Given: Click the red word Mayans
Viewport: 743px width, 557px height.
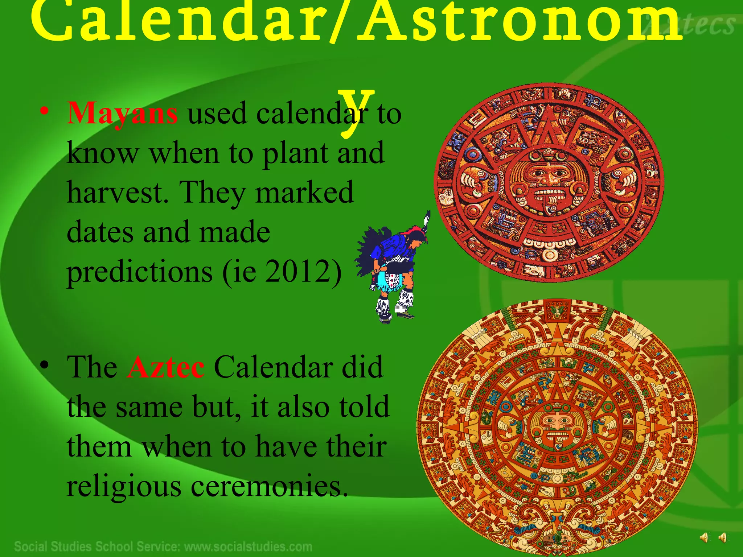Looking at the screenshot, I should [122, 114].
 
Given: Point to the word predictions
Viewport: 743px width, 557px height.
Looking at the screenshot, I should [140, 272].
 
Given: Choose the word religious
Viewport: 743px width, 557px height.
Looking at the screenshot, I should [124, 486].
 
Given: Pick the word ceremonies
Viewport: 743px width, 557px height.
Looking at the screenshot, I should [267, 486].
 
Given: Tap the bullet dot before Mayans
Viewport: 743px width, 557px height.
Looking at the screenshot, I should [44, 111].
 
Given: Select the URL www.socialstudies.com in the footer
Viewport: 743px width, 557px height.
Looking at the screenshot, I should [248, 546].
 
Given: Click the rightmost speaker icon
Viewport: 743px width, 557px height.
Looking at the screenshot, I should [722, 537].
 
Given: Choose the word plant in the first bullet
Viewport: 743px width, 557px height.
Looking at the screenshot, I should [295, 153].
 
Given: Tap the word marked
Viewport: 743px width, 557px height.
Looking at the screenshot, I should [304, 192].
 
